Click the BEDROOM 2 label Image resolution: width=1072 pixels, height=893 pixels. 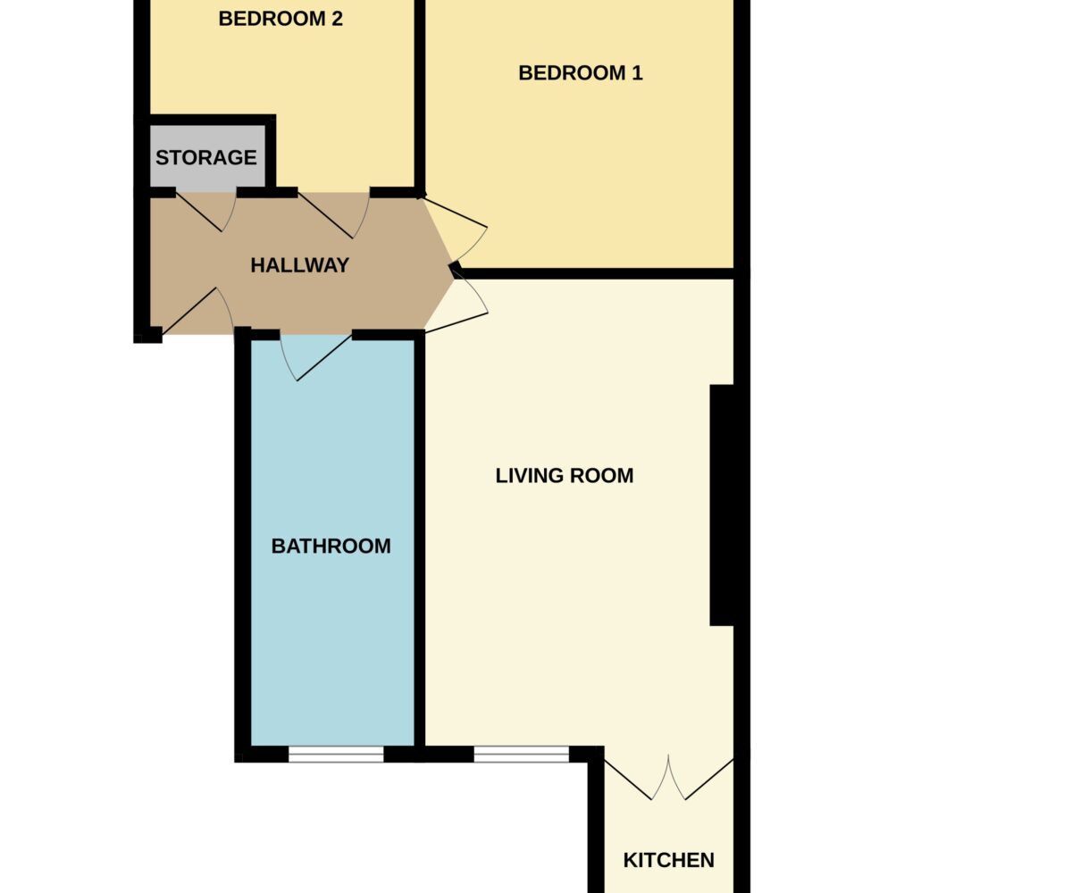(281, 19)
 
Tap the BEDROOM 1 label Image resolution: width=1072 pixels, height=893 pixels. (580, 73)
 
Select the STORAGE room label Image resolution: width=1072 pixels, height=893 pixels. (205, 157)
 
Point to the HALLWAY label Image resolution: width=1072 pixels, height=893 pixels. (300, 265)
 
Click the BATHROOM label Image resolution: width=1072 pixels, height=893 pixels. (331, 546)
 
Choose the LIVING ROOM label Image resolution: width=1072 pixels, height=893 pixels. (565, 476)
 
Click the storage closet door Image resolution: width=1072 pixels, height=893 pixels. (205, 212)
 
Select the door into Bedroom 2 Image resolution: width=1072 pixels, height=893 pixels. (333, 215)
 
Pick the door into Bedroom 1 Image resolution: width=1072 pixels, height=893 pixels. (455, 230)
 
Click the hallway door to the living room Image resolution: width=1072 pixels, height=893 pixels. (456, 303)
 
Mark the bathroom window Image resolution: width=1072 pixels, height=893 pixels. (336, 754)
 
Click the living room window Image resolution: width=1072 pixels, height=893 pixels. (521, 754)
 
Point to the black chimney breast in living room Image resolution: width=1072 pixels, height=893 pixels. (721, 505)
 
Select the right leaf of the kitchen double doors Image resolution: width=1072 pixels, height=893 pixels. (701, 778)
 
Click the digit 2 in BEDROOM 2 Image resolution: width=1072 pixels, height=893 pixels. (337, 19)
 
